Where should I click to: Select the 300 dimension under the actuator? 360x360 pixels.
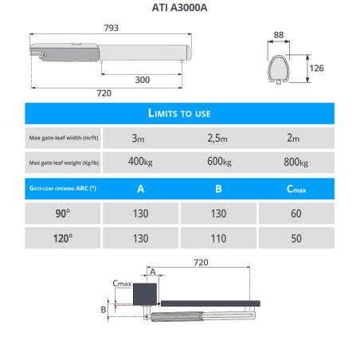141,80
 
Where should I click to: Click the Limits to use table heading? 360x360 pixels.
180,113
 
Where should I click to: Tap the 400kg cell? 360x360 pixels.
140,163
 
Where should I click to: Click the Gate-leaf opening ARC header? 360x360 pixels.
64,190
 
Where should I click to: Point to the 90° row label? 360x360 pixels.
64,213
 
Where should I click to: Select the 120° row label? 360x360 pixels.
64,238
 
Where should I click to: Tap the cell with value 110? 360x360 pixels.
219,238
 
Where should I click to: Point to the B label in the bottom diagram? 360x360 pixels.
103,307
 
